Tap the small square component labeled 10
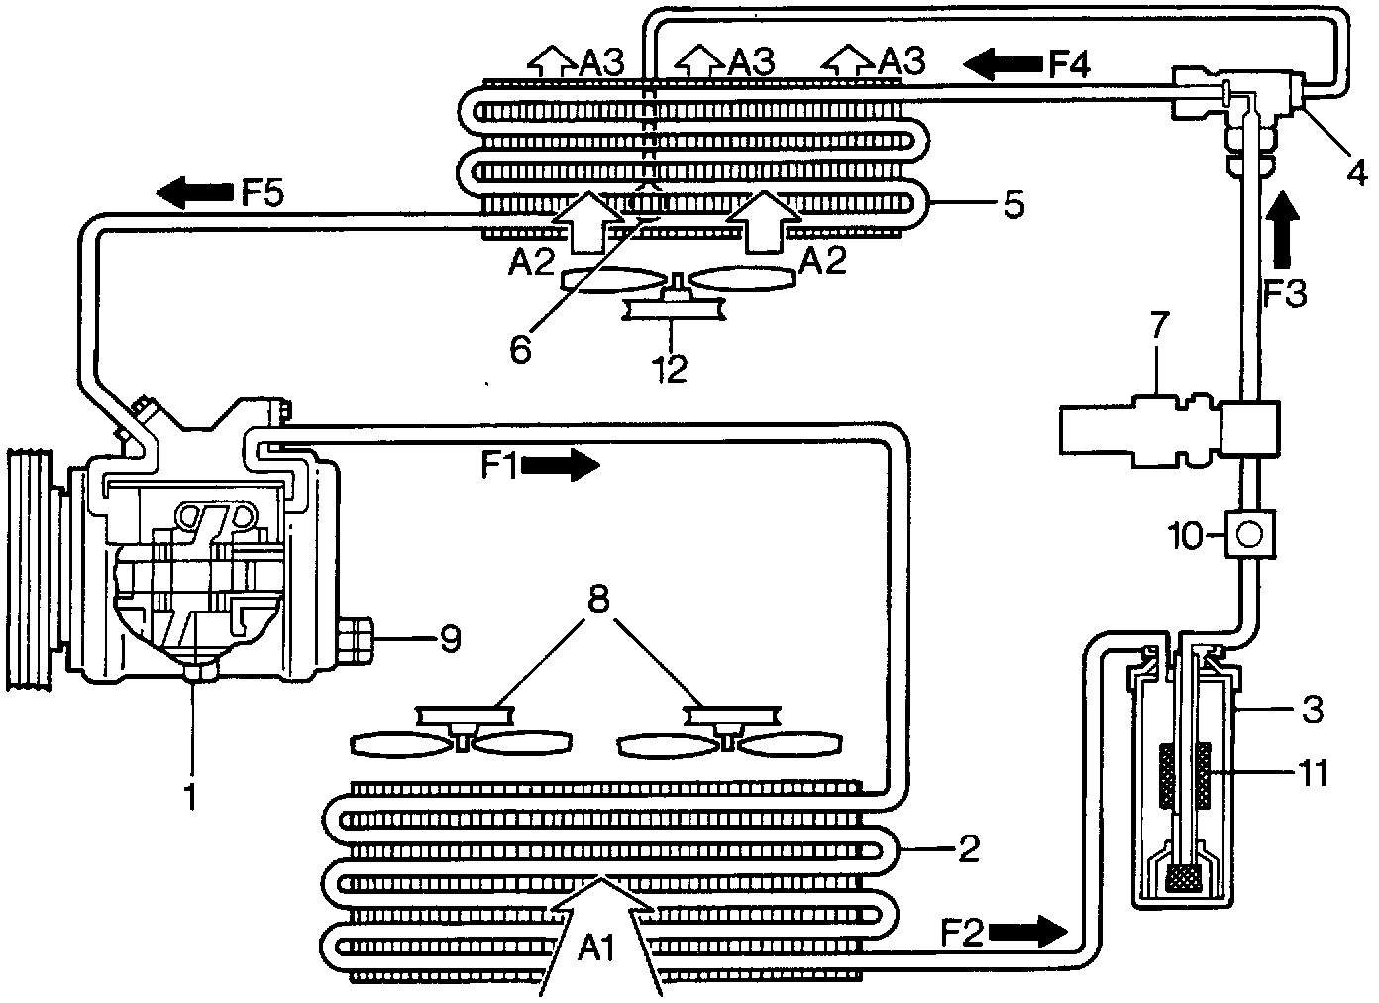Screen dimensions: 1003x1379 click(x=1249, y=535)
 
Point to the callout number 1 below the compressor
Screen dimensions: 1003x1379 click(x=191, y=793)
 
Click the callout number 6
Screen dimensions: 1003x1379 click(x=521, y=348)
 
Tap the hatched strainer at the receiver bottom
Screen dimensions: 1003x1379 click(x=1186, y=877)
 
